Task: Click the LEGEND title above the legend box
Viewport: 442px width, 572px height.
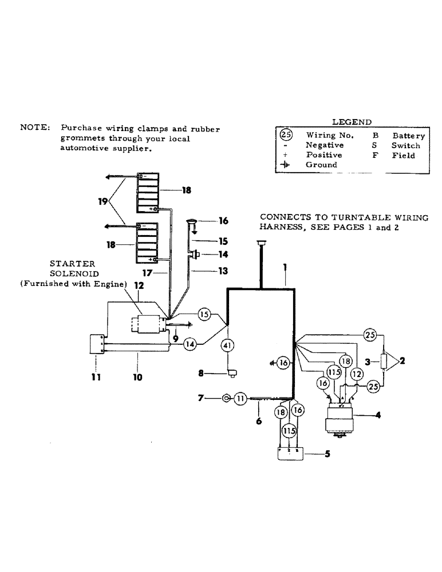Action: [x=352, y=122]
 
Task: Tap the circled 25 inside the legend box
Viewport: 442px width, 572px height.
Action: [x=286, y=136]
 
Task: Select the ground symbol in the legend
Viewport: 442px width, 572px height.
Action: [x=286, y=165]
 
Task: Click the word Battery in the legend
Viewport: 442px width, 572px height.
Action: [x=408, y=136]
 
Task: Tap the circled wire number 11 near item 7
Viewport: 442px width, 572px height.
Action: [x=240, y=399]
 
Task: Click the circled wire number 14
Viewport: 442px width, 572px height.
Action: [x=190, y=344]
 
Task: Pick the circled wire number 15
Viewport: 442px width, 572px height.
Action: [x=205, y=314]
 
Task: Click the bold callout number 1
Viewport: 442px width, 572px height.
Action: [x=284, y=267]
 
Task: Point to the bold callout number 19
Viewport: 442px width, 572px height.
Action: [x=102, y=201]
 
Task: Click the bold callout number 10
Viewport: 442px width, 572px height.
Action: [x=137, y=378]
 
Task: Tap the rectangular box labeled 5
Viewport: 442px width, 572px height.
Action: [x=290, y=454]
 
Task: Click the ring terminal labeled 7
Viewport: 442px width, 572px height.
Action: [x=227, y=399]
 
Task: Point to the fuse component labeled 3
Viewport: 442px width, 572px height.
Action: [x=384, y=362]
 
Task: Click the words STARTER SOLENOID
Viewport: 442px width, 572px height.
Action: [x=72, y=269]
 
